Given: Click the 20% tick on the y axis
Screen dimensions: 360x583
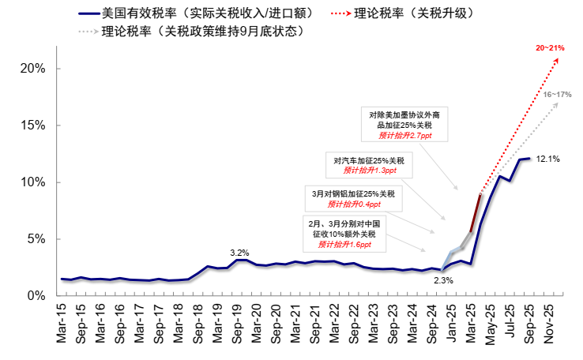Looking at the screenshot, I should (x=32, y=69).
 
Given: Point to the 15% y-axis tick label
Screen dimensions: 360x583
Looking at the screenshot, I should (x=32, y=126).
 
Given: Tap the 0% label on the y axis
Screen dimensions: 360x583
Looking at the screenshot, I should (x=36, y=295).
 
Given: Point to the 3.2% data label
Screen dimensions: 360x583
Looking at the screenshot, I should (x=239, y=253).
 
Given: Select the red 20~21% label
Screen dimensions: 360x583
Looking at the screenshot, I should (x=550, y=49).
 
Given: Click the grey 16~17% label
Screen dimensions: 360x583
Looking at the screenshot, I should (x=557, y=95).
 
